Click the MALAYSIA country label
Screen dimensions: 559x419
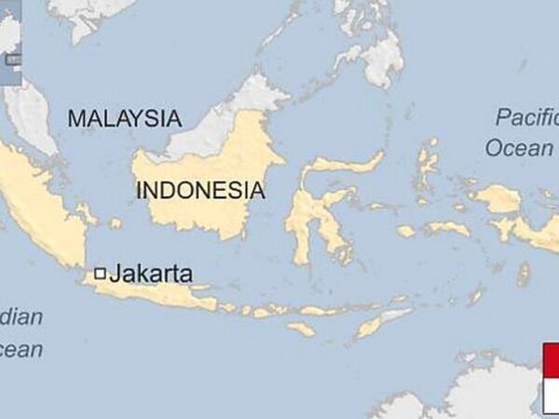click(124, 118)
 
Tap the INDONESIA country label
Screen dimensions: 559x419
click(200, 191)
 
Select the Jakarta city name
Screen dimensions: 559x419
click(151, 274)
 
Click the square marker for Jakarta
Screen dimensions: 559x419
click(100, 274)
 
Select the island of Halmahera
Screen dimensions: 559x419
click(428, 163)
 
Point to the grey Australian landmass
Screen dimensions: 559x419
click(484, 391)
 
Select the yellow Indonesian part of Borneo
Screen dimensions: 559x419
click(205, 209)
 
